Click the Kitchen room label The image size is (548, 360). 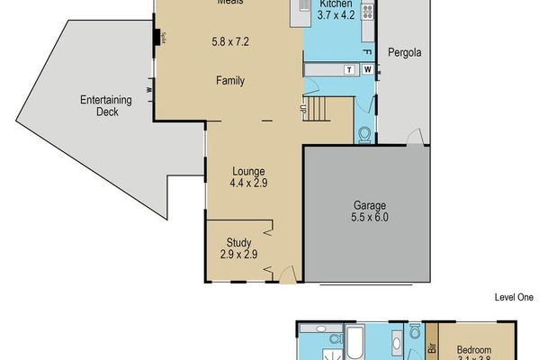(336, 4)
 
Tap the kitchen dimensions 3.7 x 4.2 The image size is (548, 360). (336, 15)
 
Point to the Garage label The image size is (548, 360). (369, 203)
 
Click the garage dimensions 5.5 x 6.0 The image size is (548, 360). (369, 216)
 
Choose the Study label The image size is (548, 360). (238, 241)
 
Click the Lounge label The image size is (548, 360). (247, 170)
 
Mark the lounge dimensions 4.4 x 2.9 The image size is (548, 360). (247, 183)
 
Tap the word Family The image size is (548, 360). (230, 81)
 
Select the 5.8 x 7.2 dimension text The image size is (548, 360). (230, 41)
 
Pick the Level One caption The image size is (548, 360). (514, 296)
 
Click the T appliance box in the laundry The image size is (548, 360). (347, 68)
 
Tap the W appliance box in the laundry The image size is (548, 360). (366, 68)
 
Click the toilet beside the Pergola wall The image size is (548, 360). (364, 134)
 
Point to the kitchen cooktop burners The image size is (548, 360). (366, 12)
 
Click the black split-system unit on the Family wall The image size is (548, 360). (157, 38)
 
